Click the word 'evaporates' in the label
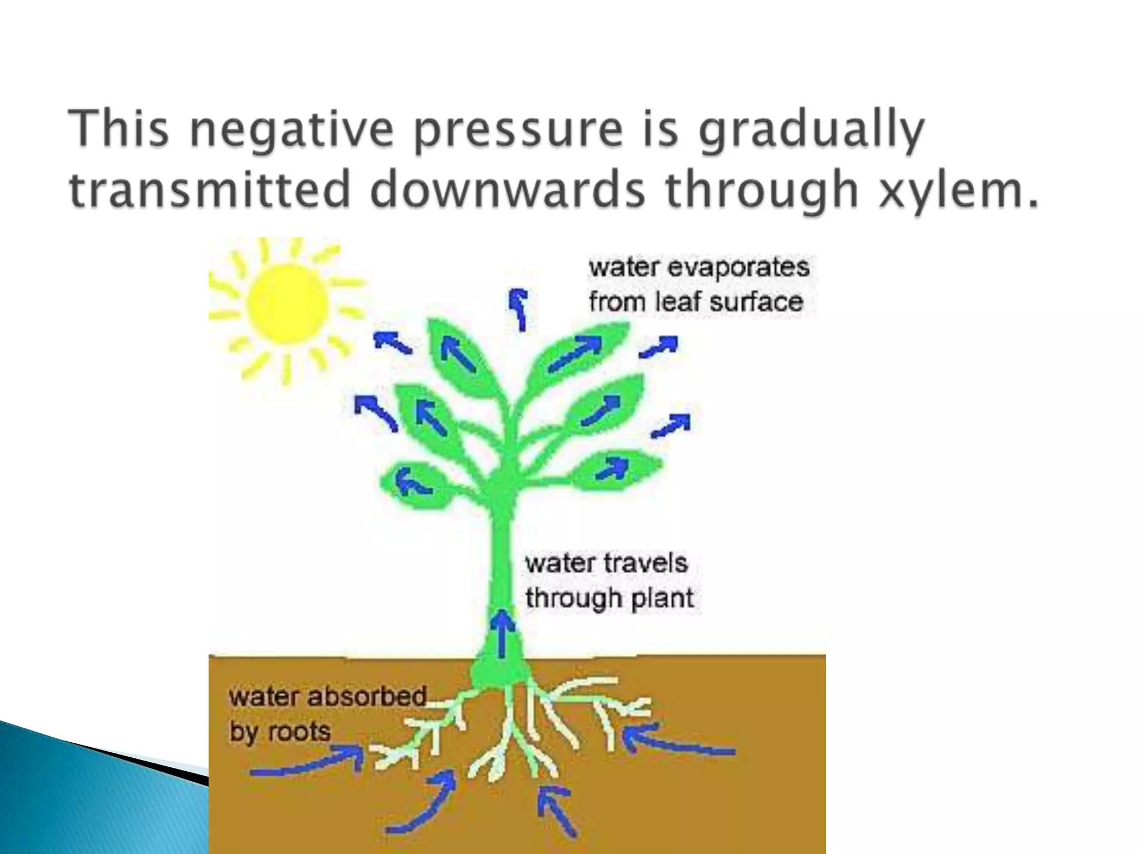[737, 268]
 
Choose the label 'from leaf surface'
[696, 302]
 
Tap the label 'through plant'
[610, 599]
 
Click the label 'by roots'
[280, 732]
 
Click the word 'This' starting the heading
[118, 129]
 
